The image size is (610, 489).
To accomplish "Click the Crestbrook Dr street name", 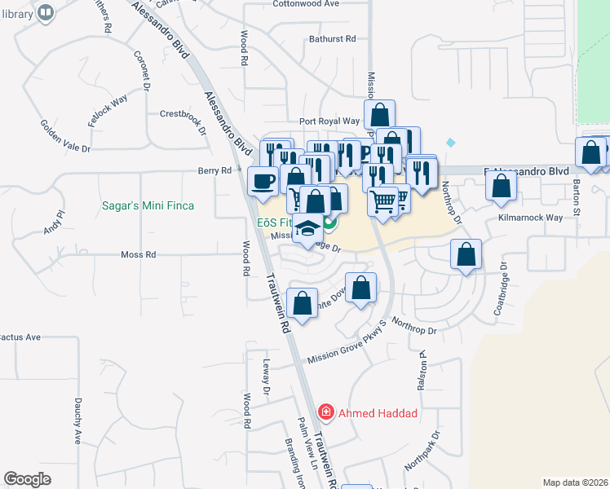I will click(180, 113).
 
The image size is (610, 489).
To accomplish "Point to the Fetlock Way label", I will click(109, 105).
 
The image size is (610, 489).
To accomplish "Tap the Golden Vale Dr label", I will click(66, 137).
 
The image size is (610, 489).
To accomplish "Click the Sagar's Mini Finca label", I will click(148, 205).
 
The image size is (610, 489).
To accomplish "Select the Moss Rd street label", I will click(138, 254).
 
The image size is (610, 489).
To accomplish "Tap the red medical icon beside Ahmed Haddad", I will click(326, 413).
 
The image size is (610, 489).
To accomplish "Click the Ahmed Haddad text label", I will click(378, 413).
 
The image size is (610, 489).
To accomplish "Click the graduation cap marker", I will click(307, 231).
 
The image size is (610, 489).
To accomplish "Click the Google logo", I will click(28, 479).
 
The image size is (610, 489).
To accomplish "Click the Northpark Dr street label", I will click(422, 452).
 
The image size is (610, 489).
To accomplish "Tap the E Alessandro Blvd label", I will click(526, 172).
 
